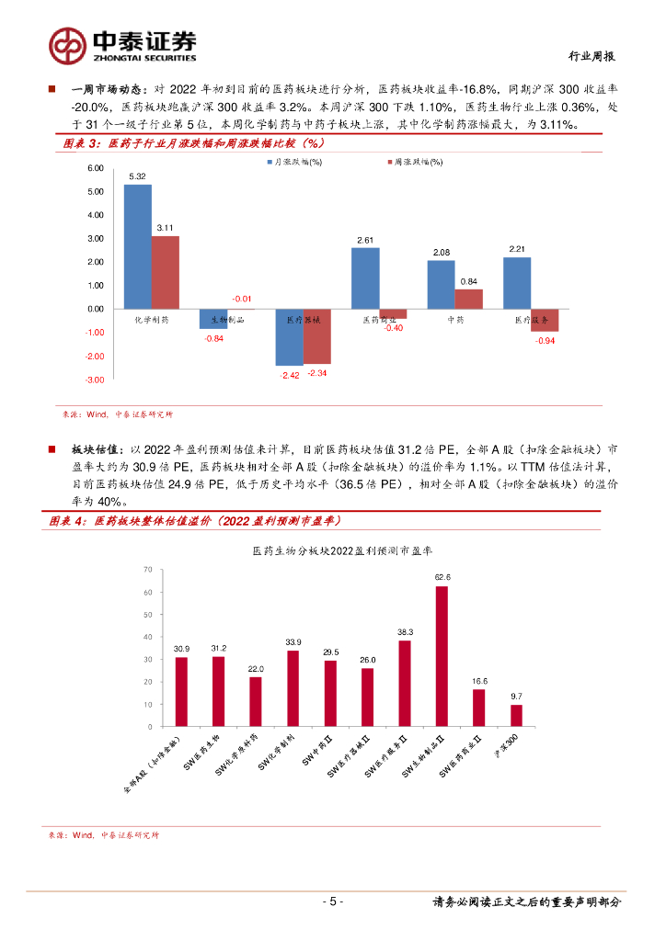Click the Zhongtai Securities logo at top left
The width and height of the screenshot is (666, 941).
pyautogui.click(x=122, y=44)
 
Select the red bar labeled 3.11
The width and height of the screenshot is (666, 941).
pyautogui.click(x=166, y=272)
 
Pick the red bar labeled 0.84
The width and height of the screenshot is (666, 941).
pyautogui.click(x=468, y=299)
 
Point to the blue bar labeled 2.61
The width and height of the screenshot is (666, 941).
pyautogui.click(x=365, y=278)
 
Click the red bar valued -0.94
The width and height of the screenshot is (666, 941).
pyautogui.click(x=545, y=320)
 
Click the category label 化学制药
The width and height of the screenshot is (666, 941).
pyautogui.click(x=152, y=320)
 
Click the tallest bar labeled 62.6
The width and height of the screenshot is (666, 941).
pyautogui.click(x=442, y=656)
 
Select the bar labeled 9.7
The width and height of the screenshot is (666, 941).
pyautogui.click(x=516, y=715)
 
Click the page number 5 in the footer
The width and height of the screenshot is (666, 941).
pyautogui.click(x=333, y=901)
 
